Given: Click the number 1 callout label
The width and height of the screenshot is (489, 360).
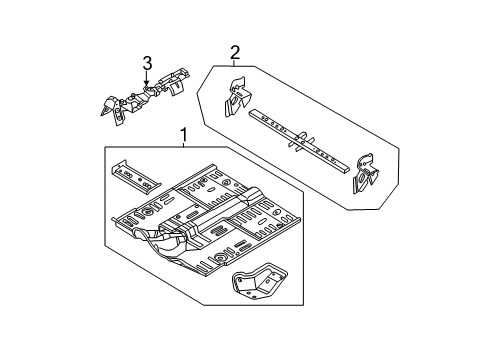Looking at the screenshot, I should click(x=183, y=135).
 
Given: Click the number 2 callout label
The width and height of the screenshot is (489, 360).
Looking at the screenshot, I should click(x=235, y=52).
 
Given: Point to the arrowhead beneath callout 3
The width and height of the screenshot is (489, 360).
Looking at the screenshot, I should click(x=146, y=85).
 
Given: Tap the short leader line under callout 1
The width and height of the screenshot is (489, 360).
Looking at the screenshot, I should click(x=183, y=145).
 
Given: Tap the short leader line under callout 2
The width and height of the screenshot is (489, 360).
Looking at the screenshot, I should click(x=235, y=63).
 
